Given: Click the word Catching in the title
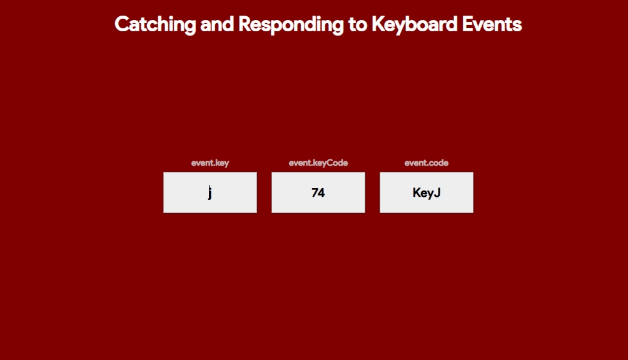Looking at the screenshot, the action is (155, 25).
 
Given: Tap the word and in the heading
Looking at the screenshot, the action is (216, 24).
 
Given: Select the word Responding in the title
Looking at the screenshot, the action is (291, 25).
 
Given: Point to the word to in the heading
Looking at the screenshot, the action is (357, 25).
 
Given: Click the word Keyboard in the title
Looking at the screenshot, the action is (414, 25).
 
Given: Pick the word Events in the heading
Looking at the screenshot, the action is (492, 24).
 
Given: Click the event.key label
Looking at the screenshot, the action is (210, 163).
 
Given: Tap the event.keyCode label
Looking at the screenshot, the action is (318, 163).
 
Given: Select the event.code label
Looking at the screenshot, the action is (426, 162).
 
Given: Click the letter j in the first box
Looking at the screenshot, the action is (210, 192).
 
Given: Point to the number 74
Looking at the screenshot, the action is (318, 192).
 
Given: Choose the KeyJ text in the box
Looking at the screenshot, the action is (427, 193).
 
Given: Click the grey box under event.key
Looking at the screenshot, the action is (210, 192).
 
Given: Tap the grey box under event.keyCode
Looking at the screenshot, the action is (318, 192).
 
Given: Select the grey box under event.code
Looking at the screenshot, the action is (426, 192).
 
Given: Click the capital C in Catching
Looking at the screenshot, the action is (122, 24).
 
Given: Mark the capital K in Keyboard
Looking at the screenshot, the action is (379, 24).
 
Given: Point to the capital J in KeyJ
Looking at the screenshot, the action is (437, 192).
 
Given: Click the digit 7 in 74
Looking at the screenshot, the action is (315, 192).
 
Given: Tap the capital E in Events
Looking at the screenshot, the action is (467, 24).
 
